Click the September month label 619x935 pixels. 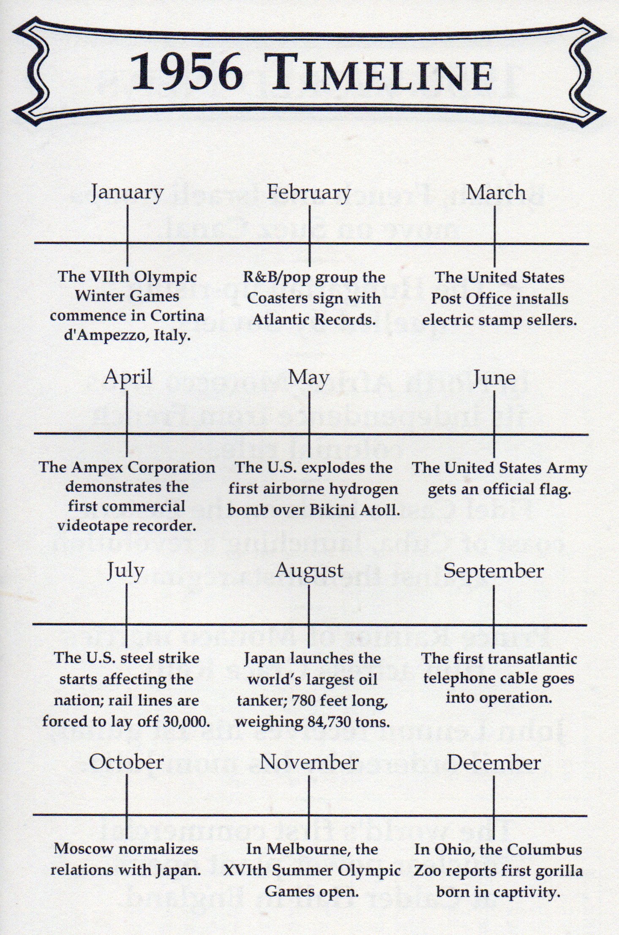494,571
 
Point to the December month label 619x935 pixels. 494,763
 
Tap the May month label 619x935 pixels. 309,377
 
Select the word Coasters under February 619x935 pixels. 278,298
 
